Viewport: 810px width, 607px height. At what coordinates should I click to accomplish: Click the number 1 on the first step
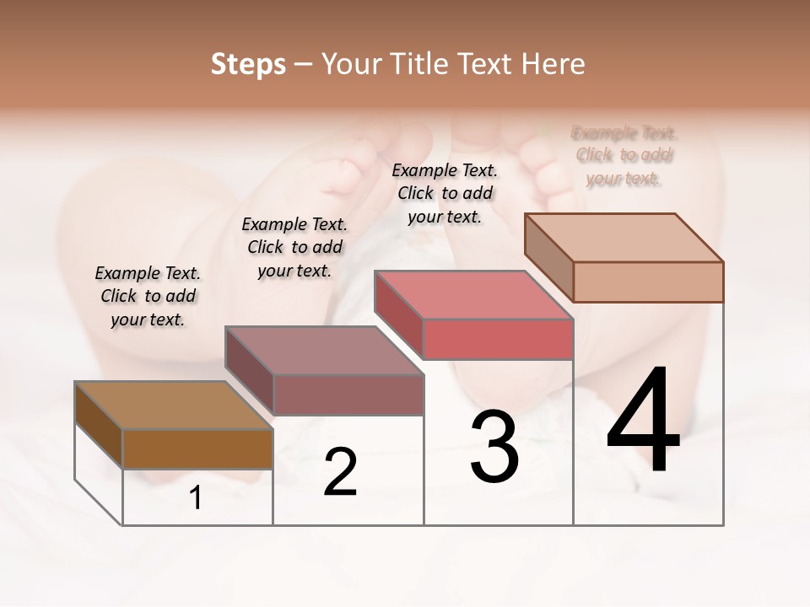(196, 498)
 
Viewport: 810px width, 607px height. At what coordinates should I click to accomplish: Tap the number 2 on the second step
(340, 472)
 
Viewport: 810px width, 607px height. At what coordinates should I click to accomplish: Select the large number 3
(494, 447)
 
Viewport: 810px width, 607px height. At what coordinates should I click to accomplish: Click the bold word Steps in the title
(248, 64)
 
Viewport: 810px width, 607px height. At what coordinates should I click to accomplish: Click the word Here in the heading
(552, 64)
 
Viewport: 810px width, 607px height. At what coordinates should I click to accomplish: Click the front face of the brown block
(197, 449)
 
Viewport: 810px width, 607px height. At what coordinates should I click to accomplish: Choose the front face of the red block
(498, 339)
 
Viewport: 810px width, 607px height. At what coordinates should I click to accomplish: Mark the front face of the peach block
(648, 282)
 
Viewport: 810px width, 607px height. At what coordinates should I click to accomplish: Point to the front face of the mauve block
(348, 395)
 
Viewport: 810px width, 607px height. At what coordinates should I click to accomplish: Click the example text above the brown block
(148, 296)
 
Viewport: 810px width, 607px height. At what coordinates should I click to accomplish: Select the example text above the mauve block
(294, 247)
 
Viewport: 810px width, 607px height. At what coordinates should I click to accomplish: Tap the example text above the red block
(445, 193)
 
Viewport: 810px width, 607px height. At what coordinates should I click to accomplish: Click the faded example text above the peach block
(624, 155)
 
